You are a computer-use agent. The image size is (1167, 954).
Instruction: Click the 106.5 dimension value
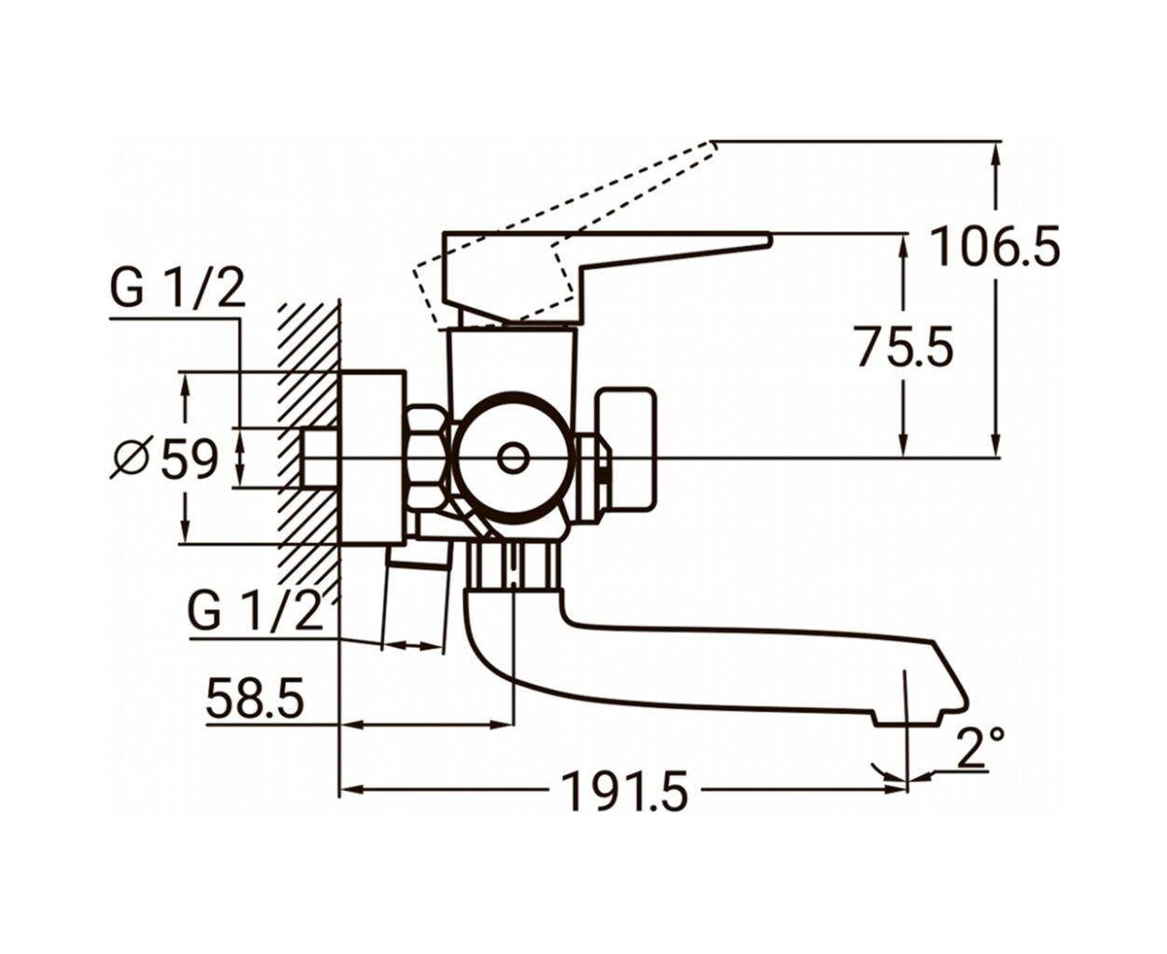(x=995, y=246)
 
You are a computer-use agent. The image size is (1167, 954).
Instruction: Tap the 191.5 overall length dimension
(x=625, y=791)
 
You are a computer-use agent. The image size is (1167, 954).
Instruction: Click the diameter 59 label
(x=164, y=458)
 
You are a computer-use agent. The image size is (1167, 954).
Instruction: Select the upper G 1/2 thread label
(x=178, y=288)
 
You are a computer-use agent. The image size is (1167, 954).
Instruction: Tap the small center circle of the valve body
(x=513, y=458)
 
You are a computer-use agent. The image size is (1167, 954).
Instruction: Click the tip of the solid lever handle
(x=770, y=238)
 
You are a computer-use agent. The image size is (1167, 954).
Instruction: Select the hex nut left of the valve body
(x=426, y=458)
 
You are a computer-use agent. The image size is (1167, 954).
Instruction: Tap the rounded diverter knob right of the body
(x=627, y=449)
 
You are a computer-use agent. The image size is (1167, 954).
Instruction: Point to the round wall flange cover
(x=372, y=457)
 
